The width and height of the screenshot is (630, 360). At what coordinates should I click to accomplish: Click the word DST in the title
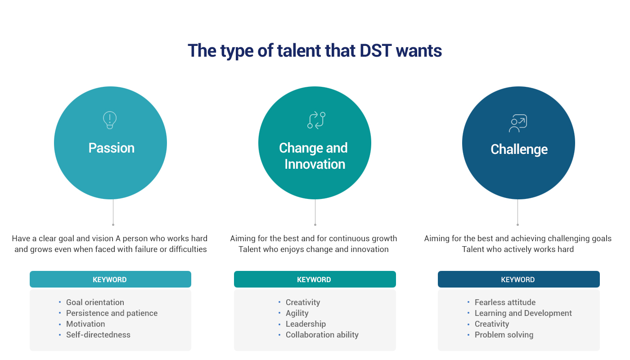pos(375,50)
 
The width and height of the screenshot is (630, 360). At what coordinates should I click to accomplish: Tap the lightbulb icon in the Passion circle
pos(110,120)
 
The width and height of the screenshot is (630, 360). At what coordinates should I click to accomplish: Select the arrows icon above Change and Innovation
pos(316,121)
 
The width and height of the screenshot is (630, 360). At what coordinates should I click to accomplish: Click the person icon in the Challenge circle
pos(518,123)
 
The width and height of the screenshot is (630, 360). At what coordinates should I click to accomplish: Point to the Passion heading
pos(112,148)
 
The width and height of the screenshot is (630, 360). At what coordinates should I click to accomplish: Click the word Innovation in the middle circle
pos(315,164)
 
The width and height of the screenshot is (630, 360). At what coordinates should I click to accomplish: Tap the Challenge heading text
pos(519,149)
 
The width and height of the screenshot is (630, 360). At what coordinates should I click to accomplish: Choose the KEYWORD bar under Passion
pos(110,279)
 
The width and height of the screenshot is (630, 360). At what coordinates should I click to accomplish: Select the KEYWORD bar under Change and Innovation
pos(315,279)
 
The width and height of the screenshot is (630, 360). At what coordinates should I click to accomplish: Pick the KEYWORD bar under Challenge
pos(518,279)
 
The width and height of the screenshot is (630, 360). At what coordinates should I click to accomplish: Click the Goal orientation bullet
pos(95,302)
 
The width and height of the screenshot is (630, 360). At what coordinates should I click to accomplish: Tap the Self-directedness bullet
pos(98,335)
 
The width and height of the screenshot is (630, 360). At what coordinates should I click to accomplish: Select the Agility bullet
pos(297,313)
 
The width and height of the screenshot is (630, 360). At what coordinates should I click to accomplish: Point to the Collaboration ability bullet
pos(322,335)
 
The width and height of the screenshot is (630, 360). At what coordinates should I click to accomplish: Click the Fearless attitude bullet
pos(505,302)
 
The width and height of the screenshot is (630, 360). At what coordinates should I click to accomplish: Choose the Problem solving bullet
pos(504,335)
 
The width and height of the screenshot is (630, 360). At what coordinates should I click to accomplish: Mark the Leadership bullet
pos(306,324)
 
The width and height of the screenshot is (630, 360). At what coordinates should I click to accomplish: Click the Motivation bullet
pos(85,324)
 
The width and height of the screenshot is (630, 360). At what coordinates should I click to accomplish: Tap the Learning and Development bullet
pos(523,313)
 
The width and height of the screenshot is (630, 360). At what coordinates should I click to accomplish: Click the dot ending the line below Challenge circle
pos(517,225)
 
